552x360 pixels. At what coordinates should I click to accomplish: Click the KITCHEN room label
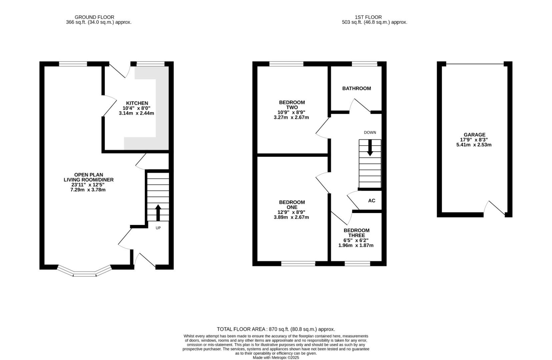137,103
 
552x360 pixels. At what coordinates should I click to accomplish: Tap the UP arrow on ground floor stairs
158,213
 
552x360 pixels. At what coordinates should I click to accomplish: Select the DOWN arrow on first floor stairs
370,148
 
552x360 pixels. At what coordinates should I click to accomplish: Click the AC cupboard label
372,201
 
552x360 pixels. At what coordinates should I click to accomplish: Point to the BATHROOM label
356,88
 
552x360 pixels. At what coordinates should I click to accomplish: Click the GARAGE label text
474,135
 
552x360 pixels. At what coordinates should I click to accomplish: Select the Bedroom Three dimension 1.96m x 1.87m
356,245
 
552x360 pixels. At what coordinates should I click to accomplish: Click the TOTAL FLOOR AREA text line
275,329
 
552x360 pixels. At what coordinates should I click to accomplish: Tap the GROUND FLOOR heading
94,17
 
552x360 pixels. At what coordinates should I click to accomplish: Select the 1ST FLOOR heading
368,17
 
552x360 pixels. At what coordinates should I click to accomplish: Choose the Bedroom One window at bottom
298,264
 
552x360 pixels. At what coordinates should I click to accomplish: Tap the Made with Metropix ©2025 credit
275,358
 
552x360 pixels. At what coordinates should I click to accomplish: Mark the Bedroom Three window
357,264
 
